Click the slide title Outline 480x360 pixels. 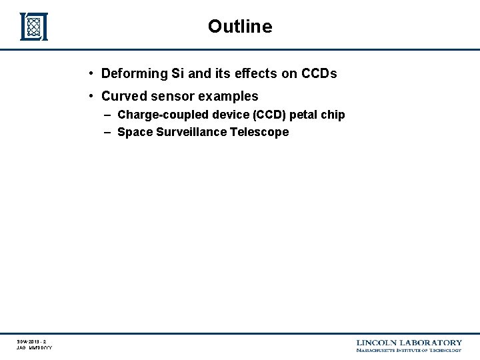pos(240,27)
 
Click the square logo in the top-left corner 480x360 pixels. pos(34,27)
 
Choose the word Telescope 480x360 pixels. pos(260,132)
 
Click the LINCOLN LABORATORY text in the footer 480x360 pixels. pos(409,342)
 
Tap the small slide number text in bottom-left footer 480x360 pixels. pos(32,341)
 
